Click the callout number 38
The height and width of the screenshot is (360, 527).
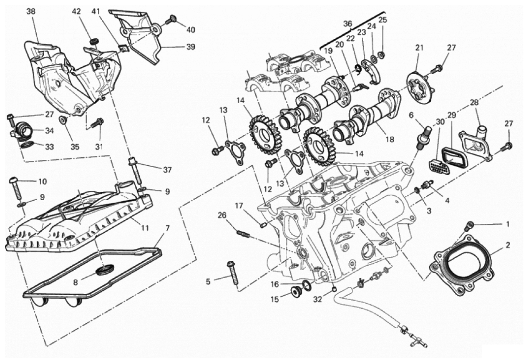point(30,12)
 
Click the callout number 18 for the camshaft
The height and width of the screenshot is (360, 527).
point(390,139)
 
